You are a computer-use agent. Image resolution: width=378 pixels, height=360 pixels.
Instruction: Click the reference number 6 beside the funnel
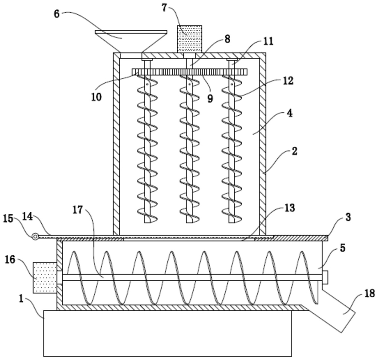coord(57,14)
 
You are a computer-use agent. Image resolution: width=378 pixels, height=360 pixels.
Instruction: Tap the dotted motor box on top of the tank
coord(190,39)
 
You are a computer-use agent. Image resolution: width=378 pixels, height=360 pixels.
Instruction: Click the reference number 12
coord(288,81)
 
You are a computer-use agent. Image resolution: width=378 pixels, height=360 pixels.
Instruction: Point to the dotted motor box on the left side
coord(45,278)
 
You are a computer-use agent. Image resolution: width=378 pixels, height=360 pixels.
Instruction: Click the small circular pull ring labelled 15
coord(35,237)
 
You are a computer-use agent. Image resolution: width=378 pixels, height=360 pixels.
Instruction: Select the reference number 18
coord(370,294)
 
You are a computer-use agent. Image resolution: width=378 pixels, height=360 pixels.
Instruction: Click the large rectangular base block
coord(167,333)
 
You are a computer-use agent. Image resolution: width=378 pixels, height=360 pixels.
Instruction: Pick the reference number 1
coord(21,299)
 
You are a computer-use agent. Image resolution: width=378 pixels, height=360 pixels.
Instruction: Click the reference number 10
coord(96,97)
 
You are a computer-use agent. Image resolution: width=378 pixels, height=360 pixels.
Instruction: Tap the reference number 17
coord(77,210)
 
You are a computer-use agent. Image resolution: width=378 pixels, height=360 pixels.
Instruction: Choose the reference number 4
coord(289,113)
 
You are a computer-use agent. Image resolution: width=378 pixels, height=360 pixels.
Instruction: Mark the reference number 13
coord(289,208)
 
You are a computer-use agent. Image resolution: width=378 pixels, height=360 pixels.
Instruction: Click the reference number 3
coord(348,217)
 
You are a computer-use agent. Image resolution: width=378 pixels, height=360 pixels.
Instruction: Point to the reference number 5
coord(342,248)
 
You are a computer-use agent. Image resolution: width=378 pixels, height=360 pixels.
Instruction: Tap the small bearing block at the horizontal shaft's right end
coord(325,277)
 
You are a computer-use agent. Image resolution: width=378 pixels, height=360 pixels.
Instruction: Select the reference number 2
coord(294,151)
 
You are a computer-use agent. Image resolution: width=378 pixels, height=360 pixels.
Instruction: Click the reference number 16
coord(10,260)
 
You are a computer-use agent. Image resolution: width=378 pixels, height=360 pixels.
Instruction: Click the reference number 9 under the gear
coord(210,98)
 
